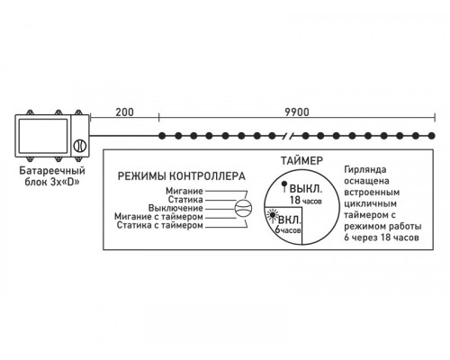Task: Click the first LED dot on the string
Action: pos(159,135)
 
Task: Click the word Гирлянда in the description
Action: pos(369,170)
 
